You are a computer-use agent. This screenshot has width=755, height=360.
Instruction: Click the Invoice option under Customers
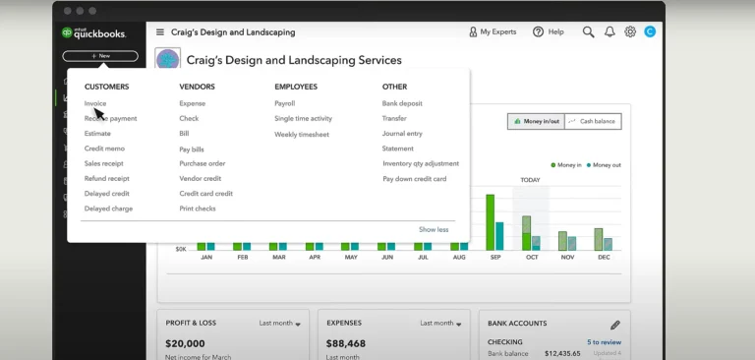tap(95, 103)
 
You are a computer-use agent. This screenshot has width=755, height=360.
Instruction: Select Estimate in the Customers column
tap(97, 133)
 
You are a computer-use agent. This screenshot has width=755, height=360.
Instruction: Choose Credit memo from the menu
tap(104, 149)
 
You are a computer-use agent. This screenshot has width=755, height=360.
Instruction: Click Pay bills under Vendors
tap(192, 149)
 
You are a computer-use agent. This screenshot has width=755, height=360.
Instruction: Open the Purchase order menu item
tap(202, 163)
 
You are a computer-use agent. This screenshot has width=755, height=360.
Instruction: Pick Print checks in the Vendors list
tap(198, 209)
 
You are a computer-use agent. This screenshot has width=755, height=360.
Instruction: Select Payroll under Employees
tap(284, 103)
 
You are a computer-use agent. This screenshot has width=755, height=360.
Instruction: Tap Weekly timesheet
tap(301, 134)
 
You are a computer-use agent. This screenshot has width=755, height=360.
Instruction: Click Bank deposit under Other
tap(402, 103)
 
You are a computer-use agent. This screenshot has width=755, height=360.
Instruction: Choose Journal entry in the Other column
tap(402, 134)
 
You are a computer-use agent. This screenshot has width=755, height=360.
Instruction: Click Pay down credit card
tap(414, 179)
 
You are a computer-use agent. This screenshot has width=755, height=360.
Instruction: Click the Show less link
tap(434, 229)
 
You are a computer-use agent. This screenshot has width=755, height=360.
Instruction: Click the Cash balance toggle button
tap(592, 121)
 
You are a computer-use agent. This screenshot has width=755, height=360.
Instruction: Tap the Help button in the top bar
tap(549, 31)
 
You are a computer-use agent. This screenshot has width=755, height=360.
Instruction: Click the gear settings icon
tap(630, 31)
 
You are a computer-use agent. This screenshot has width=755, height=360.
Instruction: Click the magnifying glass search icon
tap(588, 31)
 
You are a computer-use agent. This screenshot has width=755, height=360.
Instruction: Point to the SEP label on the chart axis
tap(495, 257)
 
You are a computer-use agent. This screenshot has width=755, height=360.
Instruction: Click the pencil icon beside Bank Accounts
tap(615, 324)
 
